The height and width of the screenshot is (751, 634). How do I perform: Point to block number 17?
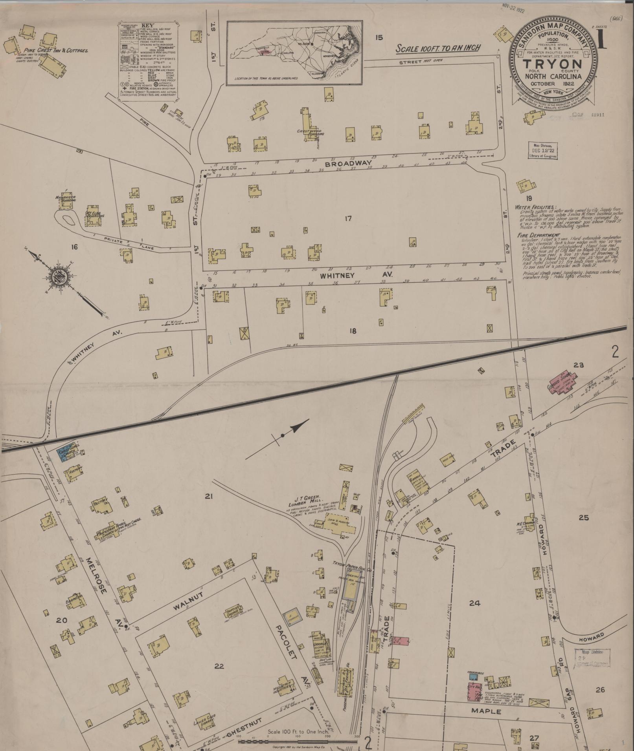[347, 219]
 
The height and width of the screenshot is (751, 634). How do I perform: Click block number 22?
[219, 665]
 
